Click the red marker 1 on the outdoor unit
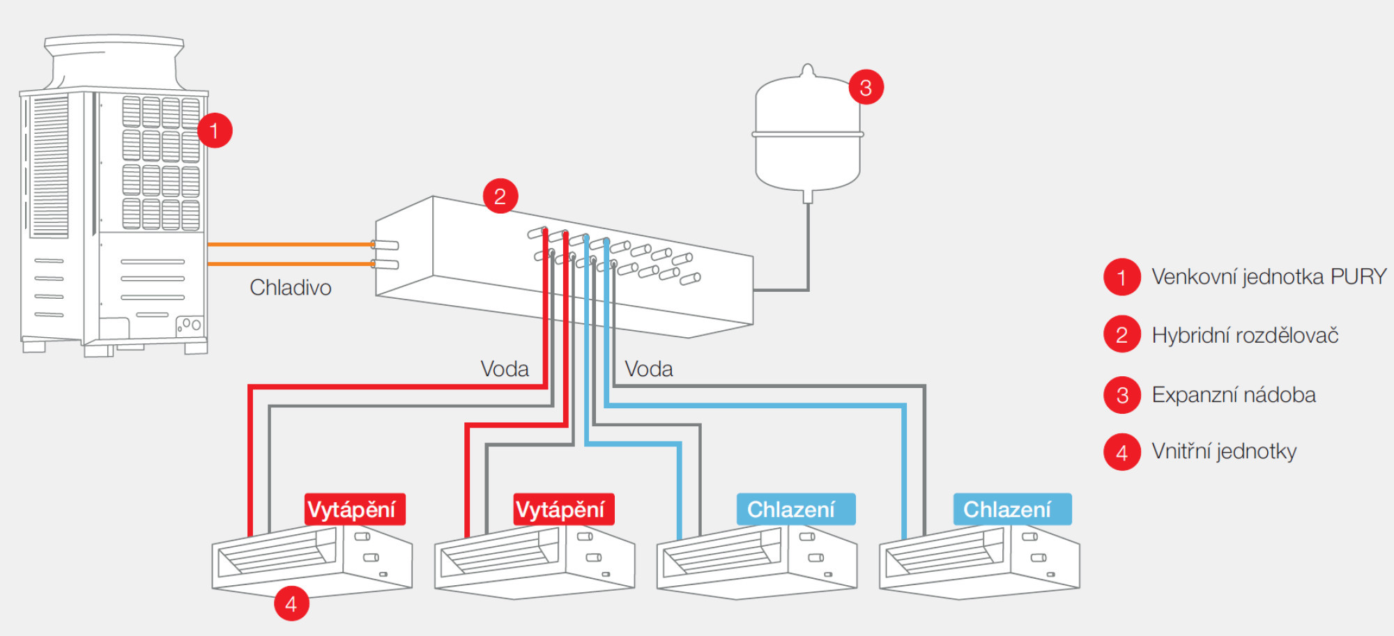[215, 130]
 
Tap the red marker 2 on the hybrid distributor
[500, 196]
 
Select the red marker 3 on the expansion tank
[866, 87]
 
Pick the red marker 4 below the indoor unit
[291, 603]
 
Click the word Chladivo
[291, 288]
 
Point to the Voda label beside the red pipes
[505, 369]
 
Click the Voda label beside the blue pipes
[649, 369]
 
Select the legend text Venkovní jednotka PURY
[1269, 277]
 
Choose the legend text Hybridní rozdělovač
[1245, 335]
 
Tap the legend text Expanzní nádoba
[1234, 395]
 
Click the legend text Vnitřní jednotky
[1224, 451]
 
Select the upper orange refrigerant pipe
[289, 245]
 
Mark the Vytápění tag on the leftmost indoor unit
[355, 509]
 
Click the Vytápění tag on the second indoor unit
[564, 509]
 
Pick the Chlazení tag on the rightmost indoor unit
[1012, 509]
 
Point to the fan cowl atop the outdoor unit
[114, 63]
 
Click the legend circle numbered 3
[1122, 395]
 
